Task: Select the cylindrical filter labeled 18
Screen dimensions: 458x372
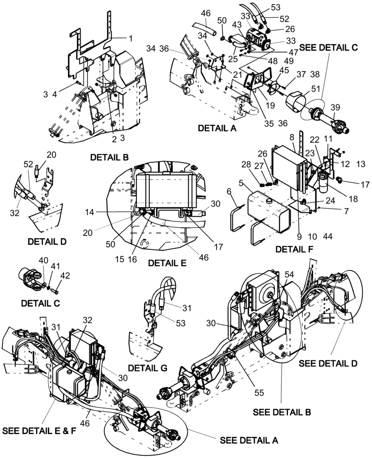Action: pos(325,180)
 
